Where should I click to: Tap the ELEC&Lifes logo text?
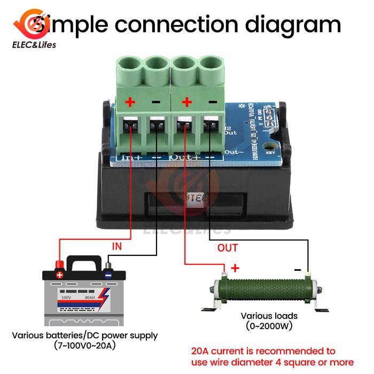pyautogui.click(x=37, y=45)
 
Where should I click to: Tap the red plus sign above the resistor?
pyautogui.click(x=235, y=268)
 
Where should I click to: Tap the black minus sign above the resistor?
pyautogui.click(x=298, y=269)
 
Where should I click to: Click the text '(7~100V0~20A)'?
pyautogui.click(x=85, y=346)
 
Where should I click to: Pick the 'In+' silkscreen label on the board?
pyautogui.click(x=131, y=158)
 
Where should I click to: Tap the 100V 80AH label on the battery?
pyautogui.click(x=75, y=297)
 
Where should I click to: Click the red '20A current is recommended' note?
pyautogui.click(x=263, y=351)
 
